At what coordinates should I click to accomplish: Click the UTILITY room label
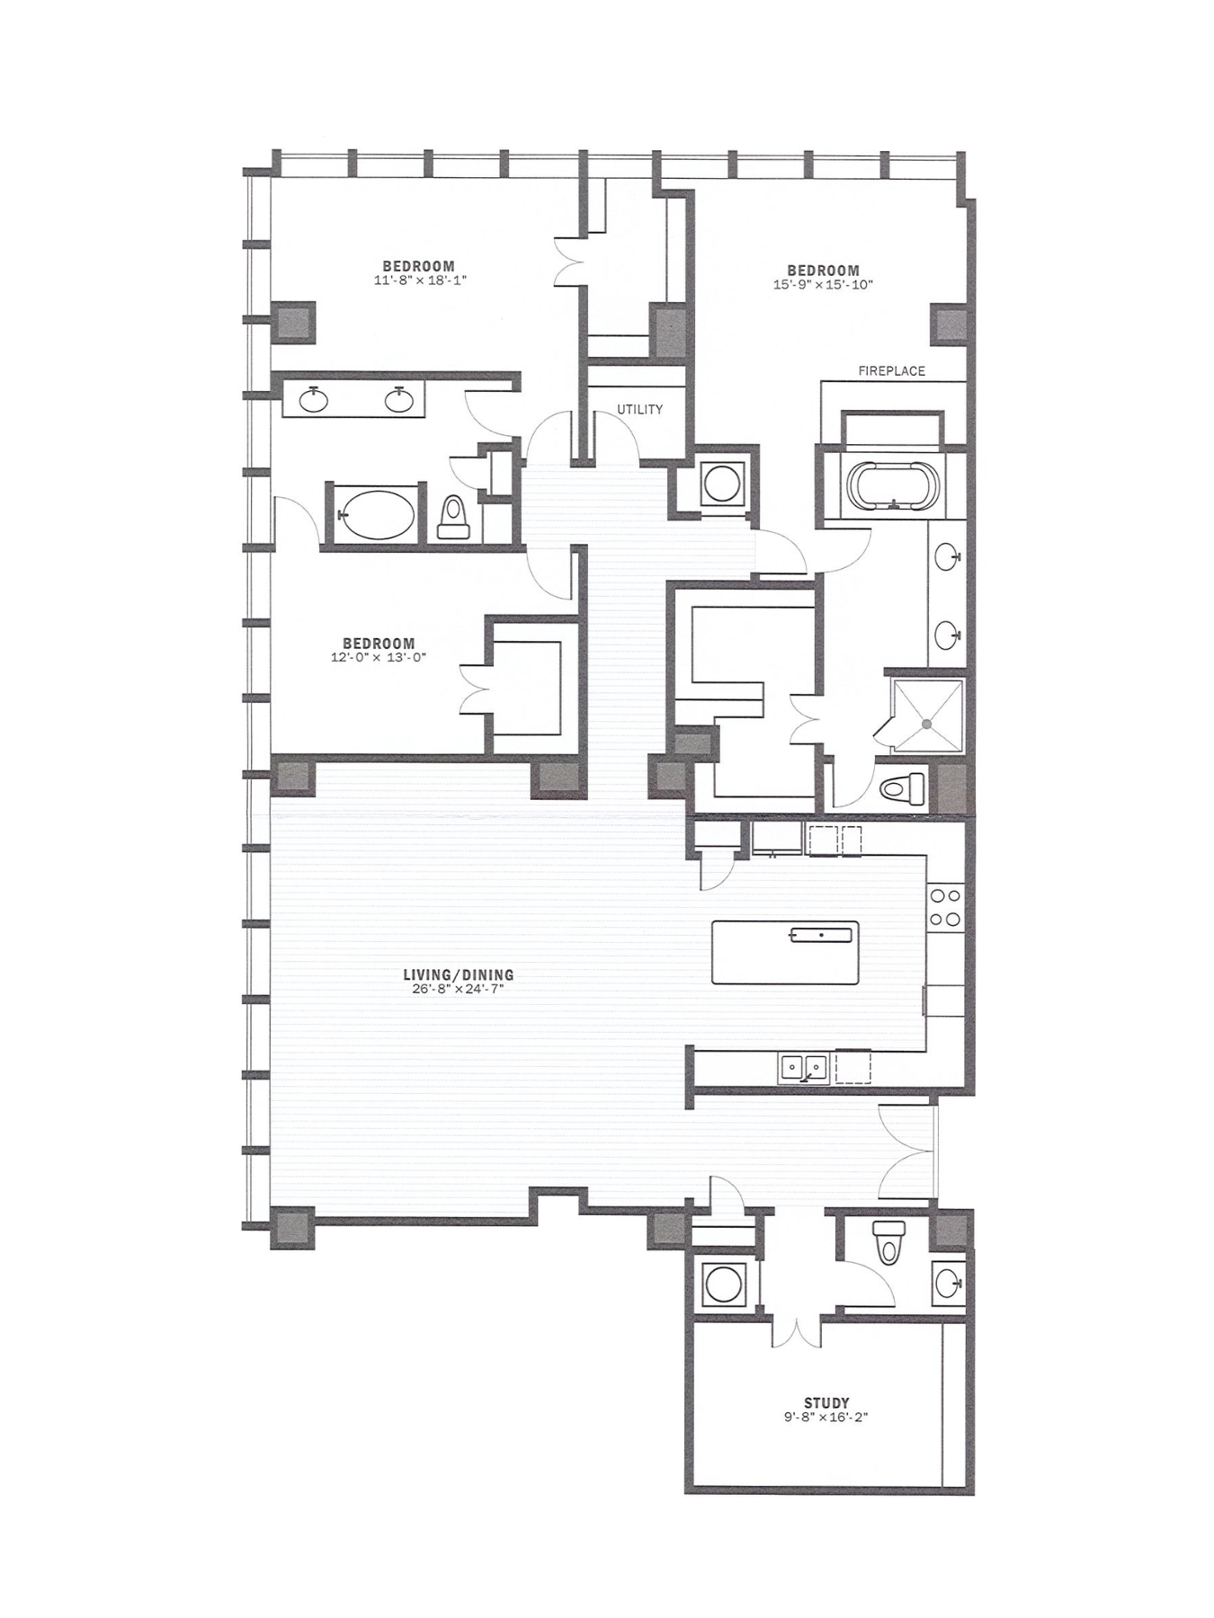(639, 410)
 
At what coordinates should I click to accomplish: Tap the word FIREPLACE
(891, 370)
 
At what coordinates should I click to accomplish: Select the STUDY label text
(826, 1403)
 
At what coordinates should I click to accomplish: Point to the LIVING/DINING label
(459, 974)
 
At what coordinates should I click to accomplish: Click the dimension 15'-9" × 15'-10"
(824, 285)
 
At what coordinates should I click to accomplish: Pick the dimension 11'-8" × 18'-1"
(419, 280)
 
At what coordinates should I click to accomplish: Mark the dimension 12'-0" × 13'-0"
(379, 657)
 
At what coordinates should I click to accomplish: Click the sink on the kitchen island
(820, 935)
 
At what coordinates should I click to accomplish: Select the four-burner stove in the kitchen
(946, 906)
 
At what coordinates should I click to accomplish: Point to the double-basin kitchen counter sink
(803, 1068)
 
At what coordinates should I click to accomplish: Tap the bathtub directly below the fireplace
(894, 486)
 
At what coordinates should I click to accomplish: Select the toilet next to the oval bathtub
(452, 517)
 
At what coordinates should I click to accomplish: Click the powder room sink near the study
(947, 1281)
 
